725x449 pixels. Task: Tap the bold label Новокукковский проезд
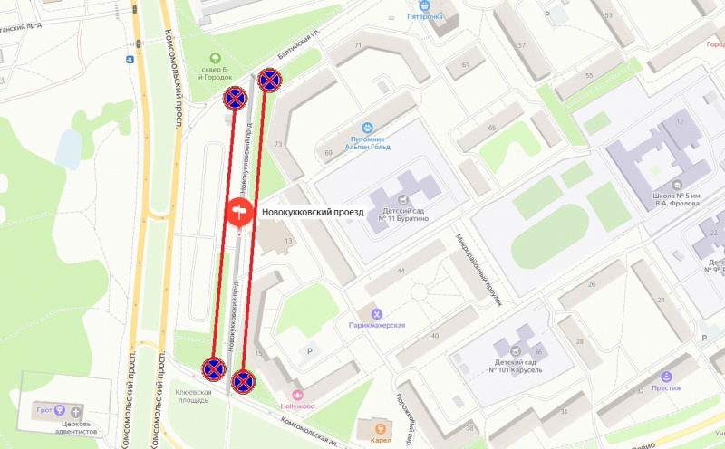click(313, 212)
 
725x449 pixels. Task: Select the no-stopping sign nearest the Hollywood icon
click(242, 382)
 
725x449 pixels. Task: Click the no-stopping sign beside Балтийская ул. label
click(269, 81)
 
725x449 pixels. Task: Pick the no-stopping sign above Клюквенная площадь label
click(213, 368)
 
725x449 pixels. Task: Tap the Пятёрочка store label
click(425, 16)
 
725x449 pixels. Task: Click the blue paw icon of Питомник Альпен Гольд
click(368, 129)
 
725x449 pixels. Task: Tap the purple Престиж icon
click(667, 376)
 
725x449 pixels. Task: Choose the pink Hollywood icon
click(297, 395)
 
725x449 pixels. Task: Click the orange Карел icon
click(381, 428)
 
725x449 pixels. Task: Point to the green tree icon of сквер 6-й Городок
click(215, 60)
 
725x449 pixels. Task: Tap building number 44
click(399, 271)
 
